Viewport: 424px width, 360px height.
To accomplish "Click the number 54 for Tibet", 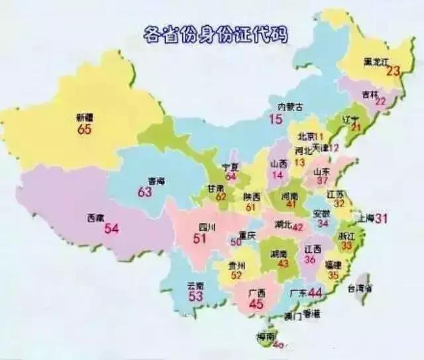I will [112, 229].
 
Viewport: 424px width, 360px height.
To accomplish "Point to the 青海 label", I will [155, 179].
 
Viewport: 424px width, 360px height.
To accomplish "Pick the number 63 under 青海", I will [145, 192].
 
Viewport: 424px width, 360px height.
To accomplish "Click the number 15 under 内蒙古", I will [276, 119].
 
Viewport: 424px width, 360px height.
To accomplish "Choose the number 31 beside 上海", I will [382, 218].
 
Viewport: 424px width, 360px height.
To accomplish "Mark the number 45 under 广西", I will [255, 304].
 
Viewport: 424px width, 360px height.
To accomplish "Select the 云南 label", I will [195, 285].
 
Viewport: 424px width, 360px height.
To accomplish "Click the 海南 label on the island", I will [267, 337].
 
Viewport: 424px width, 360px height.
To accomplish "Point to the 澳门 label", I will [293, 316].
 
